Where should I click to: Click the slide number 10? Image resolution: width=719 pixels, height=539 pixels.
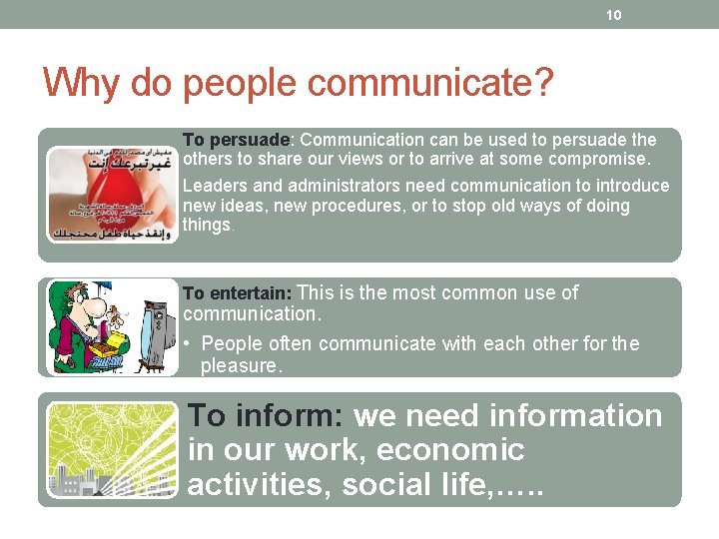(x=613, y=15)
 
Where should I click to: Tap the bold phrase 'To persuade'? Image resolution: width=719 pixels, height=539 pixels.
(x=236, y=140)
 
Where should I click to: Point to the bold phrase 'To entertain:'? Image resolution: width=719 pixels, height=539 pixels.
(x=237, y=293)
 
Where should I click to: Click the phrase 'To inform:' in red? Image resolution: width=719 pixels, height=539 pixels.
(x=266, y=415)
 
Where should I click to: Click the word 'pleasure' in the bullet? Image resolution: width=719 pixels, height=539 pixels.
(x=240, y=366)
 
